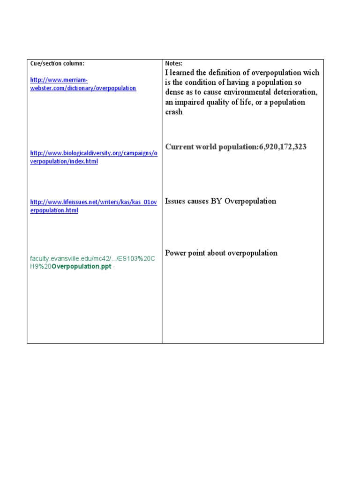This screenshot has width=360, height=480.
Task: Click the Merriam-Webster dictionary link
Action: pos(83,84)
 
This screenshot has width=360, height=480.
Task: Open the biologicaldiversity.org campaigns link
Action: pos(94,157)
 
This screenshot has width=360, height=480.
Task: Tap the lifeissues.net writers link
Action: pos(93,206)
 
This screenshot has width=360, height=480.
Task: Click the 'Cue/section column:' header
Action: pos(57,63)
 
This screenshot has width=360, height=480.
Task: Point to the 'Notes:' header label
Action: pos(174,63)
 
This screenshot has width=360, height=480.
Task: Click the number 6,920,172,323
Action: pos(283,147)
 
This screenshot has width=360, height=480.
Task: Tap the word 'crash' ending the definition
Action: pos(174,112)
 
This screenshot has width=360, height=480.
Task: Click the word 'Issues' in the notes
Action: pos(176,201)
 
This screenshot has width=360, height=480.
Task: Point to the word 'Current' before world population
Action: pos(180,147)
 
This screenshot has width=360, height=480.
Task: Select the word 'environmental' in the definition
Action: pos(241,92)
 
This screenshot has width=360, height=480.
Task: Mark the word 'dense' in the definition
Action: pos(174,92)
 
